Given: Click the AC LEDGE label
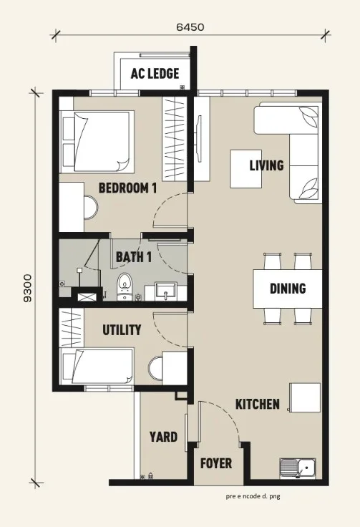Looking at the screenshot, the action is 155,73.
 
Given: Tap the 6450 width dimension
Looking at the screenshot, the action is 190,27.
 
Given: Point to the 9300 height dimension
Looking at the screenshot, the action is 28,288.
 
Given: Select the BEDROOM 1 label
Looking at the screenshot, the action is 127,188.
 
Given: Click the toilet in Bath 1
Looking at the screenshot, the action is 125,286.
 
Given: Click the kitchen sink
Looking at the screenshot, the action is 298,468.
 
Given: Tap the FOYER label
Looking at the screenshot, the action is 216,463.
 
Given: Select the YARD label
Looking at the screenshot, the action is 164,437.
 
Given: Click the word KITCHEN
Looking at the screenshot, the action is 258,404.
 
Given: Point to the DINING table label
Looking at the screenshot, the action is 288,289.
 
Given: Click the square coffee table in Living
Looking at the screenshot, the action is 245,169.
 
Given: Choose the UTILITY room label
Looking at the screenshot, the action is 122,330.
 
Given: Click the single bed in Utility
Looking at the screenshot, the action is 97,366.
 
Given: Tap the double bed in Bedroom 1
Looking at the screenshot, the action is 97,141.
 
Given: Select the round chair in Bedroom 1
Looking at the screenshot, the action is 91,208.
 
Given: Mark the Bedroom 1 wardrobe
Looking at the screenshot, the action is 174,138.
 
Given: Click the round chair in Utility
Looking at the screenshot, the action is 155,369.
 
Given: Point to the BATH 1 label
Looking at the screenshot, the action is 134,258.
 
